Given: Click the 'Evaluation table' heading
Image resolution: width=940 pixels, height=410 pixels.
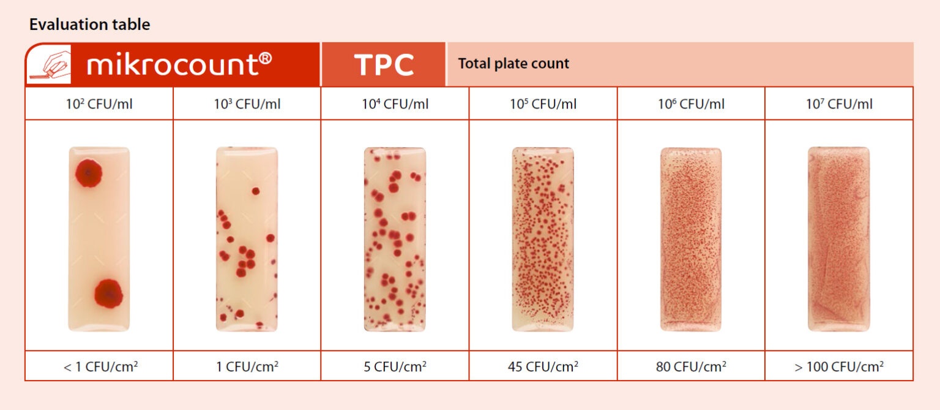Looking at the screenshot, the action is [89, 25].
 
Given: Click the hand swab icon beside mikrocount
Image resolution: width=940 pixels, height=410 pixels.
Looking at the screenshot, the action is [50, 64].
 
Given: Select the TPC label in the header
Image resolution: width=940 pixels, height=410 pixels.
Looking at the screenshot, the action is [384, 65].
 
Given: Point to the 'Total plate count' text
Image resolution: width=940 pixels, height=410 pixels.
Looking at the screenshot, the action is [513, 64].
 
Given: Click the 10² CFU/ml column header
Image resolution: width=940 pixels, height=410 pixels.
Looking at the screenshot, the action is [99, 104].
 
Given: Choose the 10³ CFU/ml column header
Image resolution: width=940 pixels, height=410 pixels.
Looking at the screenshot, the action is [247, 104].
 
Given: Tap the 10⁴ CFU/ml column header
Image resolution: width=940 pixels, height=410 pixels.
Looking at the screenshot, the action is [395, 104].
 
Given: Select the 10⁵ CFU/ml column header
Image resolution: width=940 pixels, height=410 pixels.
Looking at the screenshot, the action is [543, 104].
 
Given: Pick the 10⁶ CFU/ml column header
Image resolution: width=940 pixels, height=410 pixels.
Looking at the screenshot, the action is [691, 104].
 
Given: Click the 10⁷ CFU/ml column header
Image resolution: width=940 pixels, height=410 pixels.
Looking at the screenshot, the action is [839, 104].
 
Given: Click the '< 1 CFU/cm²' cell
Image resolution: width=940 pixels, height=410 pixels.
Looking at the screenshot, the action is [101, 366].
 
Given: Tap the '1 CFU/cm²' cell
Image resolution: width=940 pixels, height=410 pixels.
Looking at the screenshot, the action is [247, 366].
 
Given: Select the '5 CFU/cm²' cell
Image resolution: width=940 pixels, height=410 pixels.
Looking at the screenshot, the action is [395, 366].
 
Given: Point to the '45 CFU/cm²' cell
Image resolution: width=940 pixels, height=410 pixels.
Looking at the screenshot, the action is [543, 366].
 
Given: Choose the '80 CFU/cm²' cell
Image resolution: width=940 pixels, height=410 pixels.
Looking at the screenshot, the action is [691, 366].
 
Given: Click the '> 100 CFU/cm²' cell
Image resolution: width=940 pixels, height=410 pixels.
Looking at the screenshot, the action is [839, 366].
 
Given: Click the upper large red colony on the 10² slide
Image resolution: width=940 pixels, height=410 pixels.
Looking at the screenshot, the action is [89, 173].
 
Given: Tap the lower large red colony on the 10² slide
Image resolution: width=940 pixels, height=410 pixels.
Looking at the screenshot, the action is [109, 293].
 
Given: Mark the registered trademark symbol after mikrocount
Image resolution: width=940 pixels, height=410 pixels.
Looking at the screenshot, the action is [265, 58].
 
